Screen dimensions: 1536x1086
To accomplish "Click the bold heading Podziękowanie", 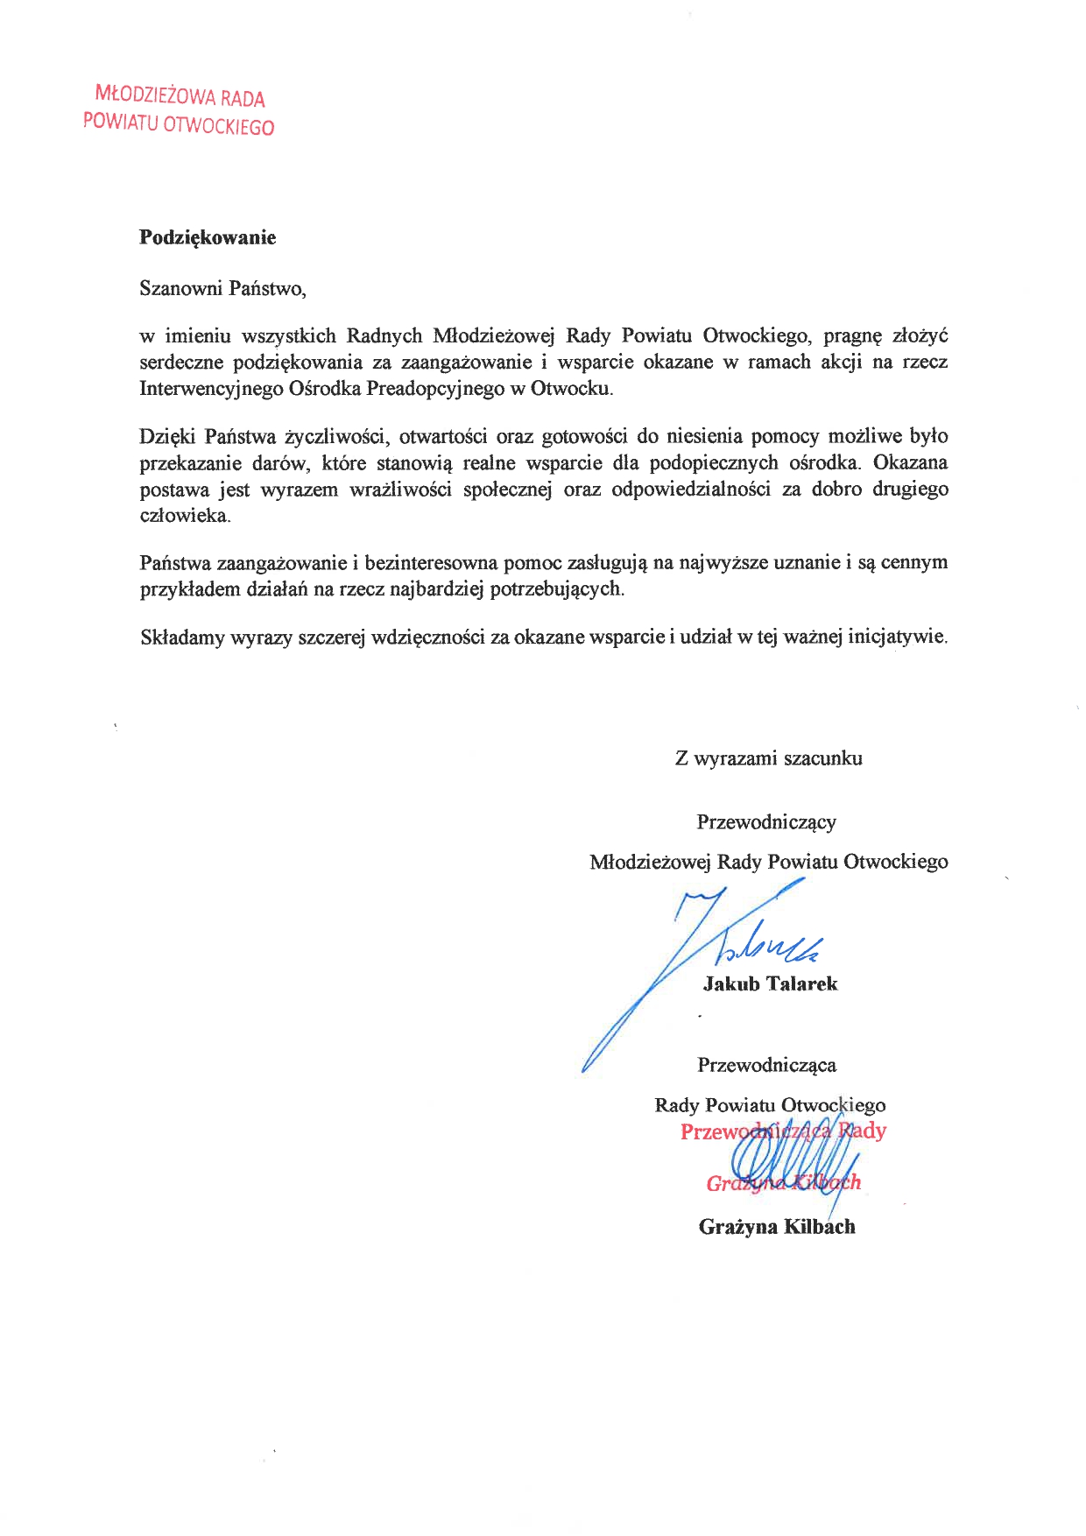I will coord(208,237).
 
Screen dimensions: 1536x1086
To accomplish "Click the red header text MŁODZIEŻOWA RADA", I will coord(180,95).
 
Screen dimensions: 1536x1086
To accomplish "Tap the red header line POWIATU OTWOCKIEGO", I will coord(179,123).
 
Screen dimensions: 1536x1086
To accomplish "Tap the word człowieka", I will coord(185,515).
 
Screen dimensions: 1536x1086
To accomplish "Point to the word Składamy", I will coord(182,637).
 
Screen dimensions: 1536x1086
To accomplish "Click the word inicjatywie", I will coord(898,637).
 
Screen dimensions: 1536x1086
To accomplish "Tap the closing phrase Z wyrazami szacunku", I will coord(768,758).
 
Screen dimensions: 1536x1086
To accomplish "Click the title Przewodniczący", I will coord(766,822).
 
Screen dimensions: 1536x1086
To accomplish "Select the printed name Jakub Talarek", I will coord(770,983).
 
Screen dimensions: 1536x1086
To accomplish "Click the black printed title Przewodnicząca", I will coord(766,1065).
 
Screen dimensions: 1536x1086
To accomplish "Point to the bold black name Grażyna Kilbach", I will coord(777,1226).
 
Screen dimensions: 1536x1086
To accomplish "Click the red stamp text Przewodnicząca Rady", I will coord(783,1131).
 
